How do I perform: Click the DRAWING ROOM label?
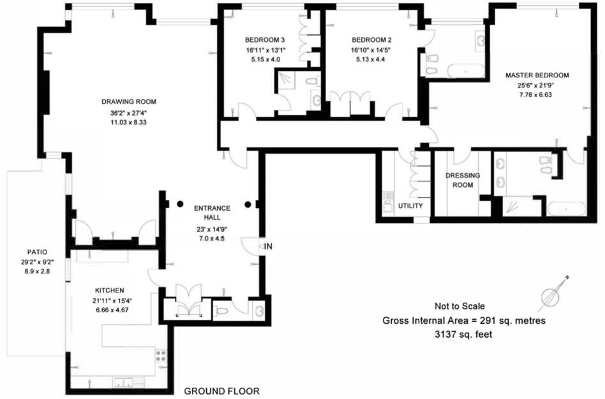click(128, 102)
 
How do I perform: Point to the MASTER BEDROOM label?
click(537, 75)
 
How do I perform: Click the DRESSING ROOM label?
click(463, 180)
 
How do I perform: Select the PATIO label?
click(37, 252)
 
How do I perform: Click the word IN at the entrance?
click(269, 246)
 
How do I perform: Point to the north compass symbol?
click(553, 293)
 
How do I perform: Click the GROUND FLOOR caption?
click(221, 391)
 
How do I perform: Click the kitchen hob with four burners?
click(161, 356)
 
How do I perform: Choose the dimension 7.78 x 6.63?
click(537, 94)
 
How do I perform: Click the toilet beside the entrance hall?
click(221, 312)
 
